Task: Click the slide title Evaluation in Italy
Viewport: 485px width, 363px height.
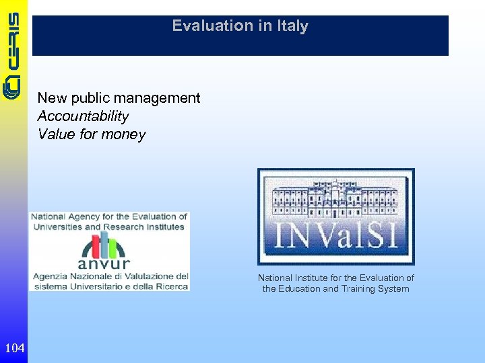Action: tap(240, 26)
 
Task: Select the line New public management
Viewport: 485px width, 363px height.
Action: tap(119, 98)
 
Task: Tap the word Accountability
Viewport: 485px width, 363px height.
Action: tap(83, 116)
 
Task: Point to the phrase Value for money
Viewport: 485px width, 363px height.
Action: tap(92, 134)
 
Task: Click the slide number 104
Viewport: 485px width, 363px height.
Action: tap(14, 348)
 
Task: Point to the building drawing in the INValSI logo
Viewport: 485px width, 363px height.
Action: tap(335, 198)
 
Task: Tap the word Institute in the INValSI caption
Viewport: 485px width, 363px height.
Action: tap(316, 278)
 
